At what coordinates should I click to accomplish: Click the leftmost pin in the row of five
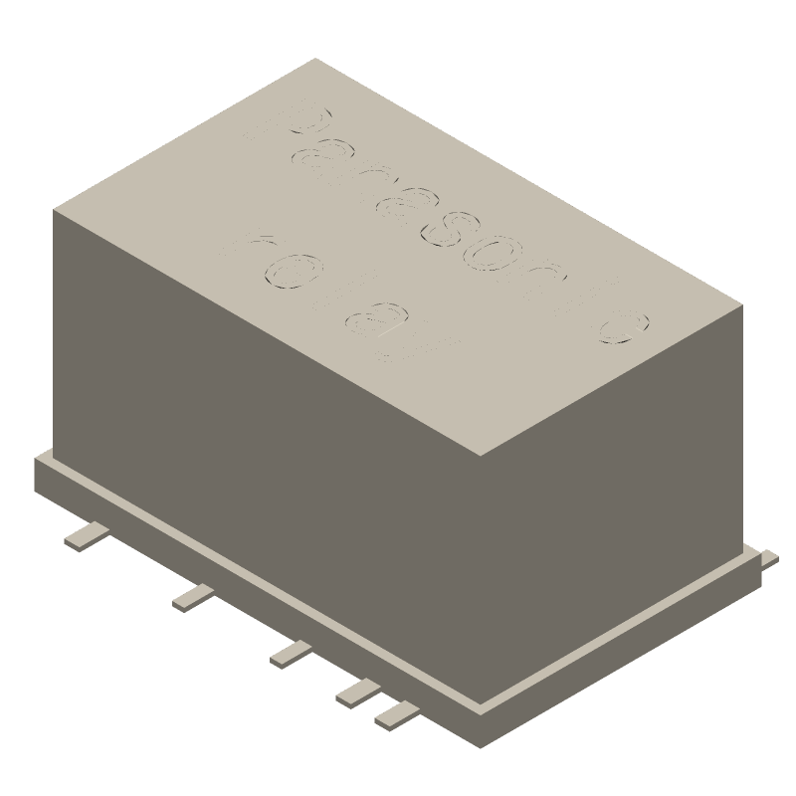(87, 537)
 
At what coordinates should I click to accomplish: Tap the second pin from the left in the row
(192, 597)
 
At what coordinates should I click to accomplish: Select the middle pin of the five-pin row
(291, 653)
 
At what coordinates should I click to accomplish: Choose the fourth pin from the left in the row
(356, 692)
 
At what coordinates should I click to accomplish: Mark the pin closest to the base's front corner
(396, 712)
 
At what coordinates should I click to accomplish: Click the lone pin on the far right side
(769, 558)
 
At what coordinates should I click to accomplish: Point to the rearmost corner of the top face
(315, 59)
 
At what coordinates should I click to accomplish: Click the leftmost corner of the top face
(54, 211)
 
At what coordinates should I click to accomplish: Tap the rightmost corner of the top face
(741, 307)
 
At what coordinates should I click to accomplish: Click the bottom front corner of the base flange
(482, 744)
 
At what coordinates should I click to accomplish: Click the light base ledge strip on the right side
(617, 637)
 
